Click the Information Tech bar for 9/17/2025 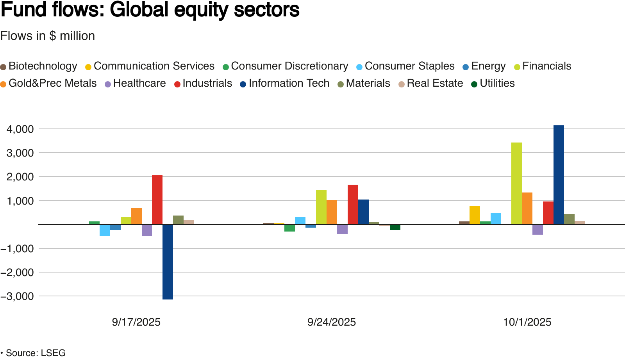coord(168,262)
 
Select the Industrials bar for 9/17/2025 coord(157,200)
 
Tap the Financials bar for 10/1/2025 coord(516,184)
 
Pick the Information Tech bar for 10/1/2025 coord(559,175)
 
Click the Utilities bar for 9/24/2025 coord(395,227)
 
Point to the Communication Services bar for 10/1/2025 coord(475,215)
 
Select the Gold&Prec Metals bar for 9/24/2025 coord(332,212)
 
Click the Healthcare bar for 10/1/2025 coord(537,230)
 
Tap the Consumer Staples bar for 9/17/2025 coord(105,230)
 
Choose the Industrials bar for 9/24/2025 coord(353,205)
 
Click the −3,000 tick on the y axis coord(18,296)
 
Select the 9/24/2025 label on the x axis coord(332,322)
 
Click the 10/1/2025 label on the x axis coord(527,322)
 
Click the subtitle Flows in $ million coord(48,36)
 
